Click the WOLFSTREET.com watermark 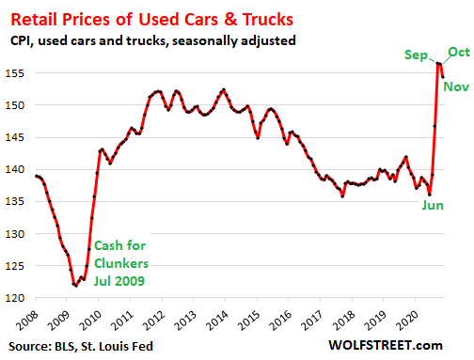point(411,348)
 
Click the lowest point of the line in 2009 point(74,285)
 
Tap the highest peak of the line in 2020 point(439,63)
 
